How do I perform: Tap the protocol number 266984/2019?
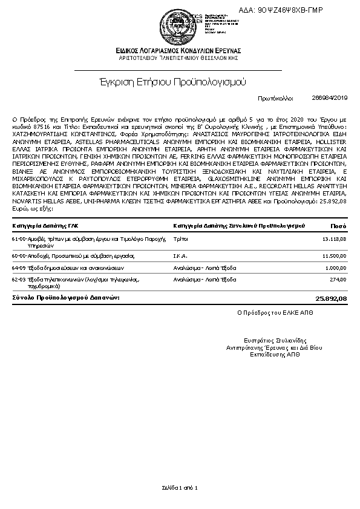coord(330,97)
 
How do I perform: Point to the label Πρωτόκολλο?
coord(275,97)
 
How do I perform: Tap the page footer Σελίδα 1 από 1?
coord(180,487)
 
